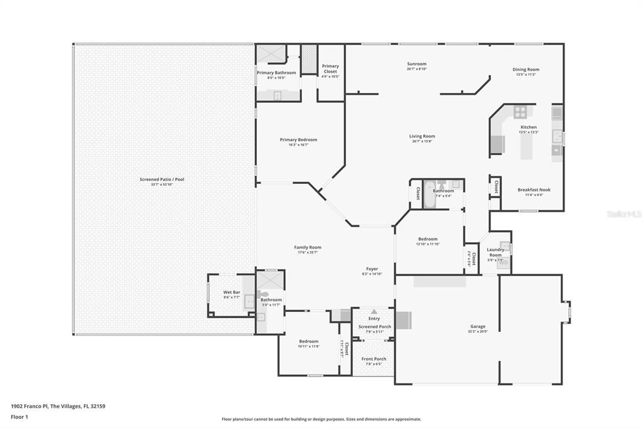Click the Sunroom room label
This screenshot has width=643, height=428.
[416, 64]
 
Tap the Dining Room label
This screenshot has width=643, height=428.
[526, 70]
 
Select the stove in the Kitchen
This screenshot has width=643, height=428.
[521, 112]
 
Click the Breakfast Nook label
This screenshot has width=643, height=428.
[534, 190]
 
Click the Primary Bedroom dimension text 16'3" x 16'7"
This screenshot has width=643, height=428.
[298, 145]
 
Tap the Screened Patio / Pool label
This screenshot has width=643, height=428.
[162, 179]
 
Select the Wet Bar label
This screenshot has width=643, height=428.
[232, 292]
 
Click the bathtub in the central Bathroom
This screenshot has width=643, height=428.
[429, 194]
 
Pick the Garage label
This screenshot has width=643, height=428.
[478, 326]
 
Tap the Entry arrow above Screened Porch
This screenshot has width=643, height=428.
[374, 311]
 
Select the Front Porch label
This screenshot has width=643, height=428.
[374, 359]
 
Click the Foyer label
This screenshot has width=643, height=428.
[372, 269]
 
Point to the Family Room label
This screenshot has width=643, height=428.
[308, 247]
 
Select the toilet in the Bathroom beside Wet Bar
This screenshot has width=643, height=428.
[263, 294]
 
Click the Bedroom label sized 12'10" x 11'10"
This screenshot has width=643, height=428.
[428, 239]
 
